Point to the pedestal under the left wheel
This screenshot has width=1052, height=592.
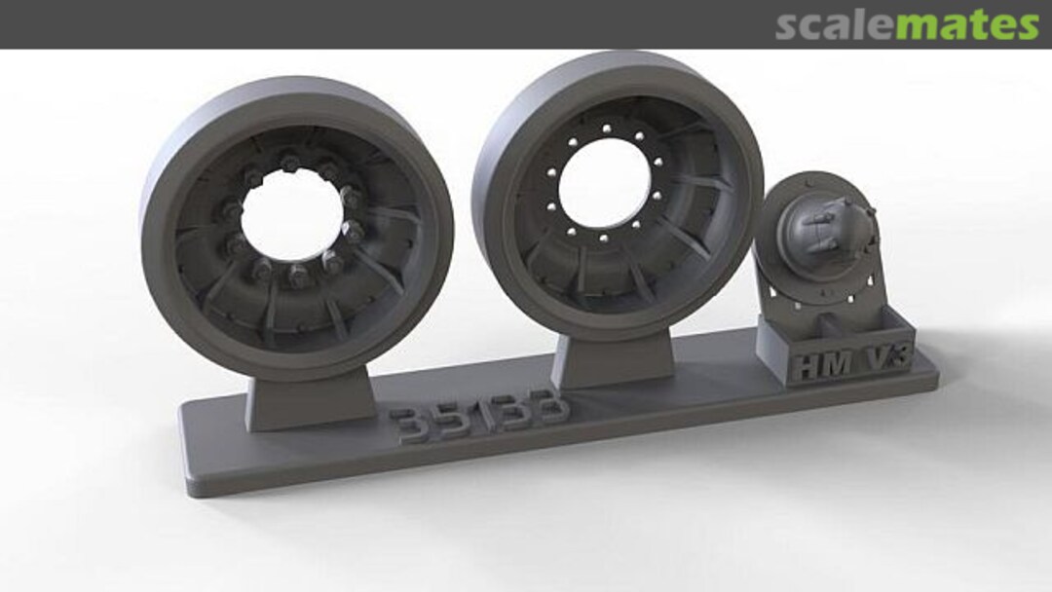pyautogui.click(x=311, y=399)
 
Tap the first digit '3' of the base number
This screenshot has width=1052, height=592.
pyautogui.click(x=405, y=425)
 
